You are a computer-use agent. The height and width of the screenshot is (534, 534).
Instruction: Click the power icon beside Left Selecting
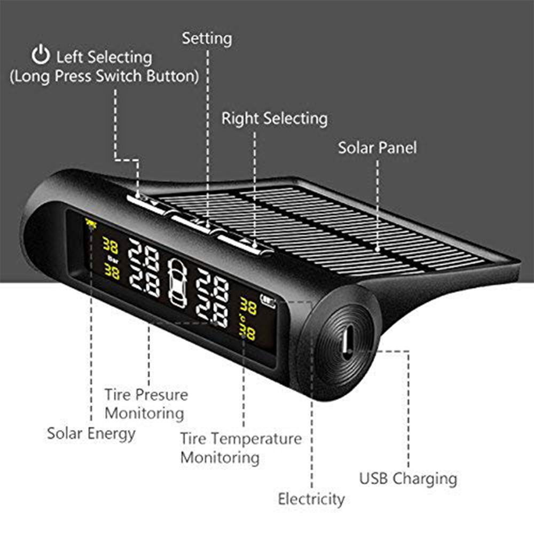41,54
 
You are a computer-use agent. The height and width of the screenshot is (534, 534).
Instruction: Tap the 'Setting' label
207,39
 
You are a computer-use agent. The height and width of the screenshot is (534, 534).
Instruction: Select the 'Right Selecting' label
274,119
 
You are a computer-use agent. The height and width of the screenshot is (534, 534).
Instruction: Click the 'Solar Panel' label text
378,148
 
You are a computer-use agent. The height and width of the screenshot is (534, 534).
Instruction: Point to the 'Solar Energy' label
91,434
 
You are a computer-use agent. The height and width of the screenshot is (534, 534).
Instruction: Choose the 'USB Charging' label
408,479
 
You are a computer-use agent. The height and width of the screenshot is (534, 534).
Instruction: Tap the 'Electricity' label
311,499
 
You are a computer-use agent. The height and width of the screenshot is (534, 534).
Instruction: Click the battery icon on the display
268,301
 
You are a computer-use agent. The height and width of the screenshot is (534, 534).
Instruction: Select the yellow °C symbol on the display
242,319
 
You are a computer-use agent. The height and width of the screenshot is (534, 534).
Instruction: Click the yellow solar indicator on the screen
91,224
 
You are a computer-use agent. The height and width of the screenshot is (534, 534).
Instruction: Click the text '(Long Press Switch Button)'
104,76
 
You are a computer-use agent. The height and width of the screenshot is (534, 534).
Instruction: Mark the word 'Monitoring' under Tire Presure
144,413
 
